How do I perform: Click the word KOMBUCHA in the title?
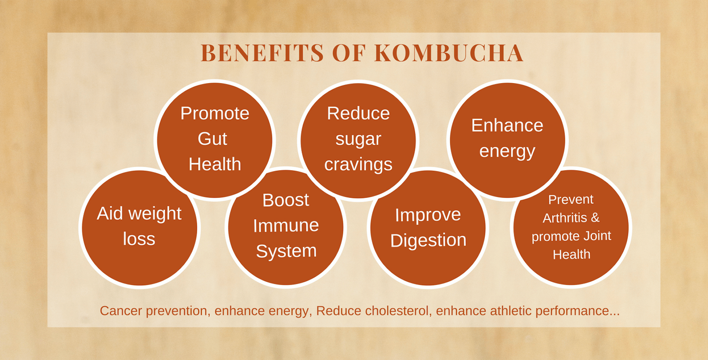pos(449,53)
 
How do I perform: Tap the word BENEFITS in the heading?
pos(262,53)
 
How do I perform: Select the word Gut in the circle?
pos(212,139)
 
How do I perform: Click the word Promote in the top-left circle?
pos(215,113)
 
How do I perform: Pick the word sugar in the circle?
pos(358,140)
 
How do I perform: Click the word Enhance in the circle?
pos(507,126)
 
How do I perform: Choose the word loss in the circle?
pos(139,239)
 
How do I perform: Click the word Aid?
pos(110,213)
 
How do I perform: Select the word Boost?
pos(286,200)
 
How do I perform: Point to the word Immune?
pos(286,226)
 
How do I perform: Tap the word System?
pos(286,251)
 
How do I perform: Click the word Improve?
pos(428,215)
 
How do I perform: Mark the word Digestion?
pos(428,241)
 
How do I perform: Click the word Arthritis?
pos(565,218)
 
